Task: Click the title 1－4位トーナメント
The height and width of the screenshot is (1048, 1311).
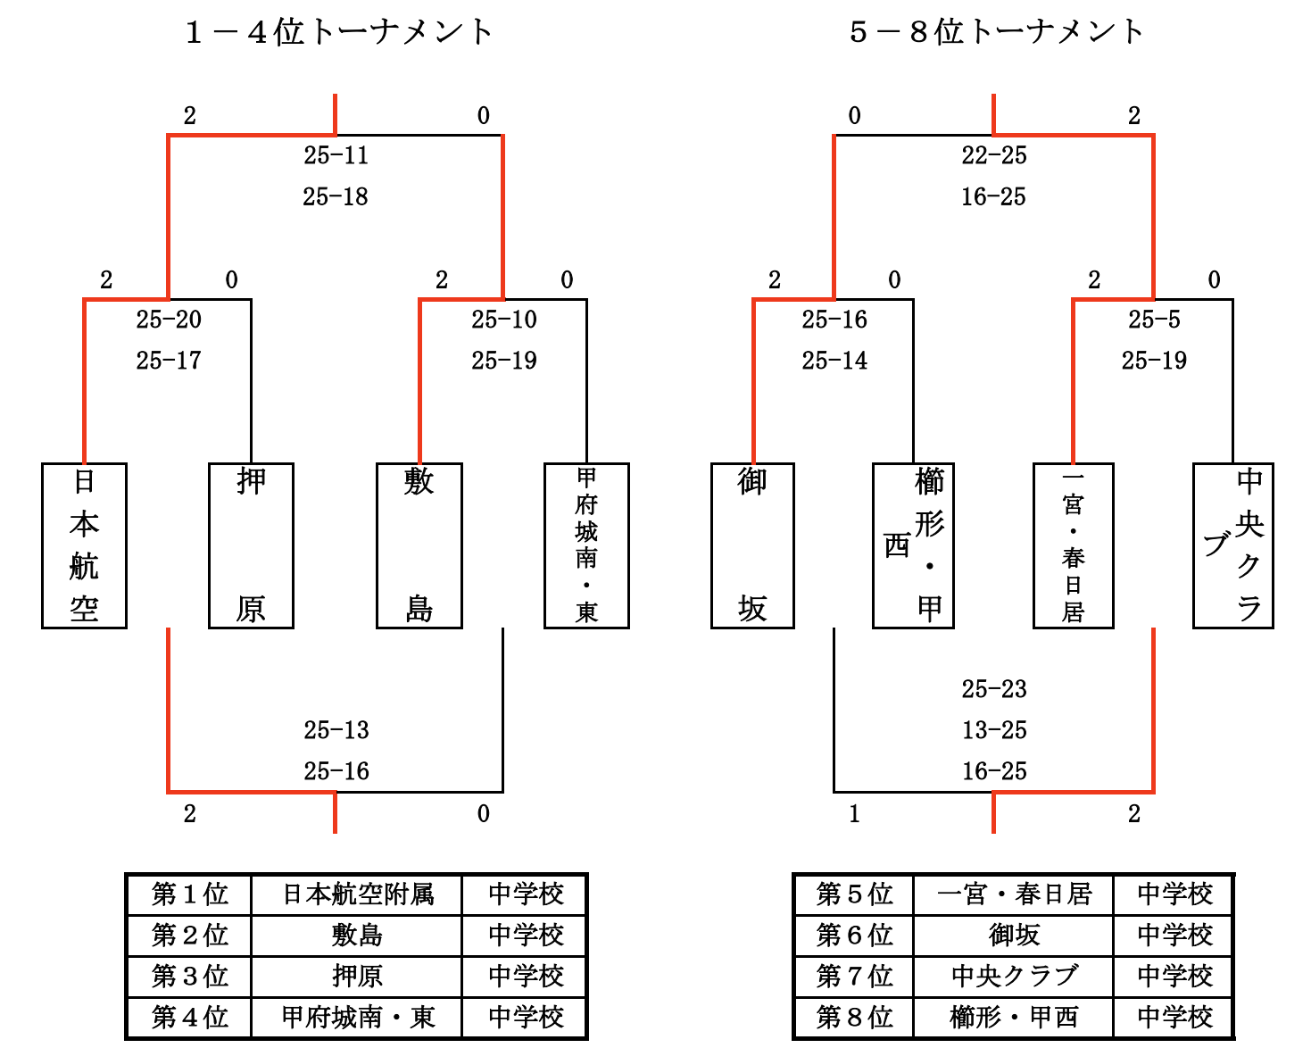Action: [338, 32]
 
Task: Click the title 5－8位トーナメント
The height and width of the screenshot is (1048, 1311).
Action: [996, 32]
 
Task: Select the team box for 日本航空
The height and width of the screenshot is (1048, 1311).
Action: [84, 545]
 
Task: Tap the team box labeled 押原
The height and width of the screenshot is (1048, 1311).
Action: [251, 545]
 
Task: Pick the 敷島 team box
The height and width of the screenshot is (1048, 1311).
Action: [419, 545]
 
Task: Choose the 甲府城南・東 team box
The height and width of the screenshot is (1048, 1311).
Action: [586, 545]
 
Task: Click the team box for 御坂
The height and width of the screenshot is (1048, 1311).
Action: [752, 545]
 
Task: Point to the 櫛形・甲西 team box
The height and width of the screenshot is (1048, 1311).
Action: [913, 545]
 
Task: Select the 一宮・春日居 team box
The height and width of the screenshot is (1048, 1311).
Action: [1073, 545]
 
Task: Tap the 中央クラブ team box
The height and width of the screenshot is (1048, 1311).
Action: [1233, 545]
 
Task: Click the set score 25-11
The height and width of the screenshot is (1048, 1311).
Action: [336, 155]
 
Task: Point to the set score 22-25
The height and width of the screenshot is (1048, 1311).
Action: [994, 155]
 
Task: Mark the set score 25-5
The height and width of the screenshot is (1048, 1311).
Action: [1154, 320]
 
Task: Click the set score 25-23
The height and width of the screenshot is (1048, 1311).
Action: [994, 689]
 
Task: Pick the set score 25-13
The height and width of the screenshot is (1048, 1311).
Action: [336, 730]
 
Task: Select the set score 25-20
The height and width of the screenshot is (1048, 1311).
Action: [169, 320]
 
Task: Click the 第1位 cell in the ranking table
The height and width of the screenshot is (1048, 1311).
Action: [189, 894]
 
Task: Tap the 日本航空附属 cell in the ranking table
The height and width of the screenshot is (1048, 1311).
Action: [357, 894]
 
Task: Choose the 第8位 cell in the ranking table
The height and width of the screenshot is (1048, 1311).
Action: [854, 1017]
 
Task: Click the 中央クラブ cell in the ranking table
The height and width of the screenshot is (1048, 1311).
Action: [1014, 976]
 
